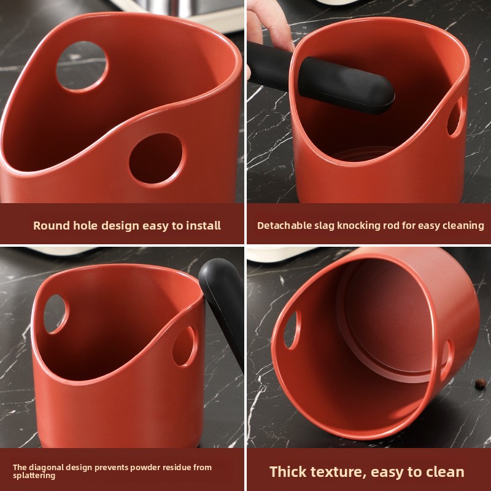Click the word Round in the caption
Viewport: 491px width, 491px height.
tap(51, 226)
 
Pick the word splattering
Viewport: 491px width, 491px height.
tap(34, 476)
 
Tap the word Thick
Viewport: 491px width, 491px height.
tap(291, 471)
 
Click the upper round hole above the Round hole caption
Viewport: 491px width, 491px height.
tap(82, 67)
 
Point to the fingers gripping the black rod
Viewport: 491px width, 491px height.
tap(270, 31)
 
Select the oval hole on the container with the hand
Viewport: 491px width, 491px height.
tap(455, 117)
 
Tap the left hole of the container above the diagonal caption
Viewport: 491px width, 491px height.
tap(56, 314)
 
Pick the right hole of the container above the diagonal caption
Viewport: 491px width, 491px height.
tap(185, 346)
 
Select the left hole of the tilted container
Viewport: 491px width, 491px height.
tap(292, 330)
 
